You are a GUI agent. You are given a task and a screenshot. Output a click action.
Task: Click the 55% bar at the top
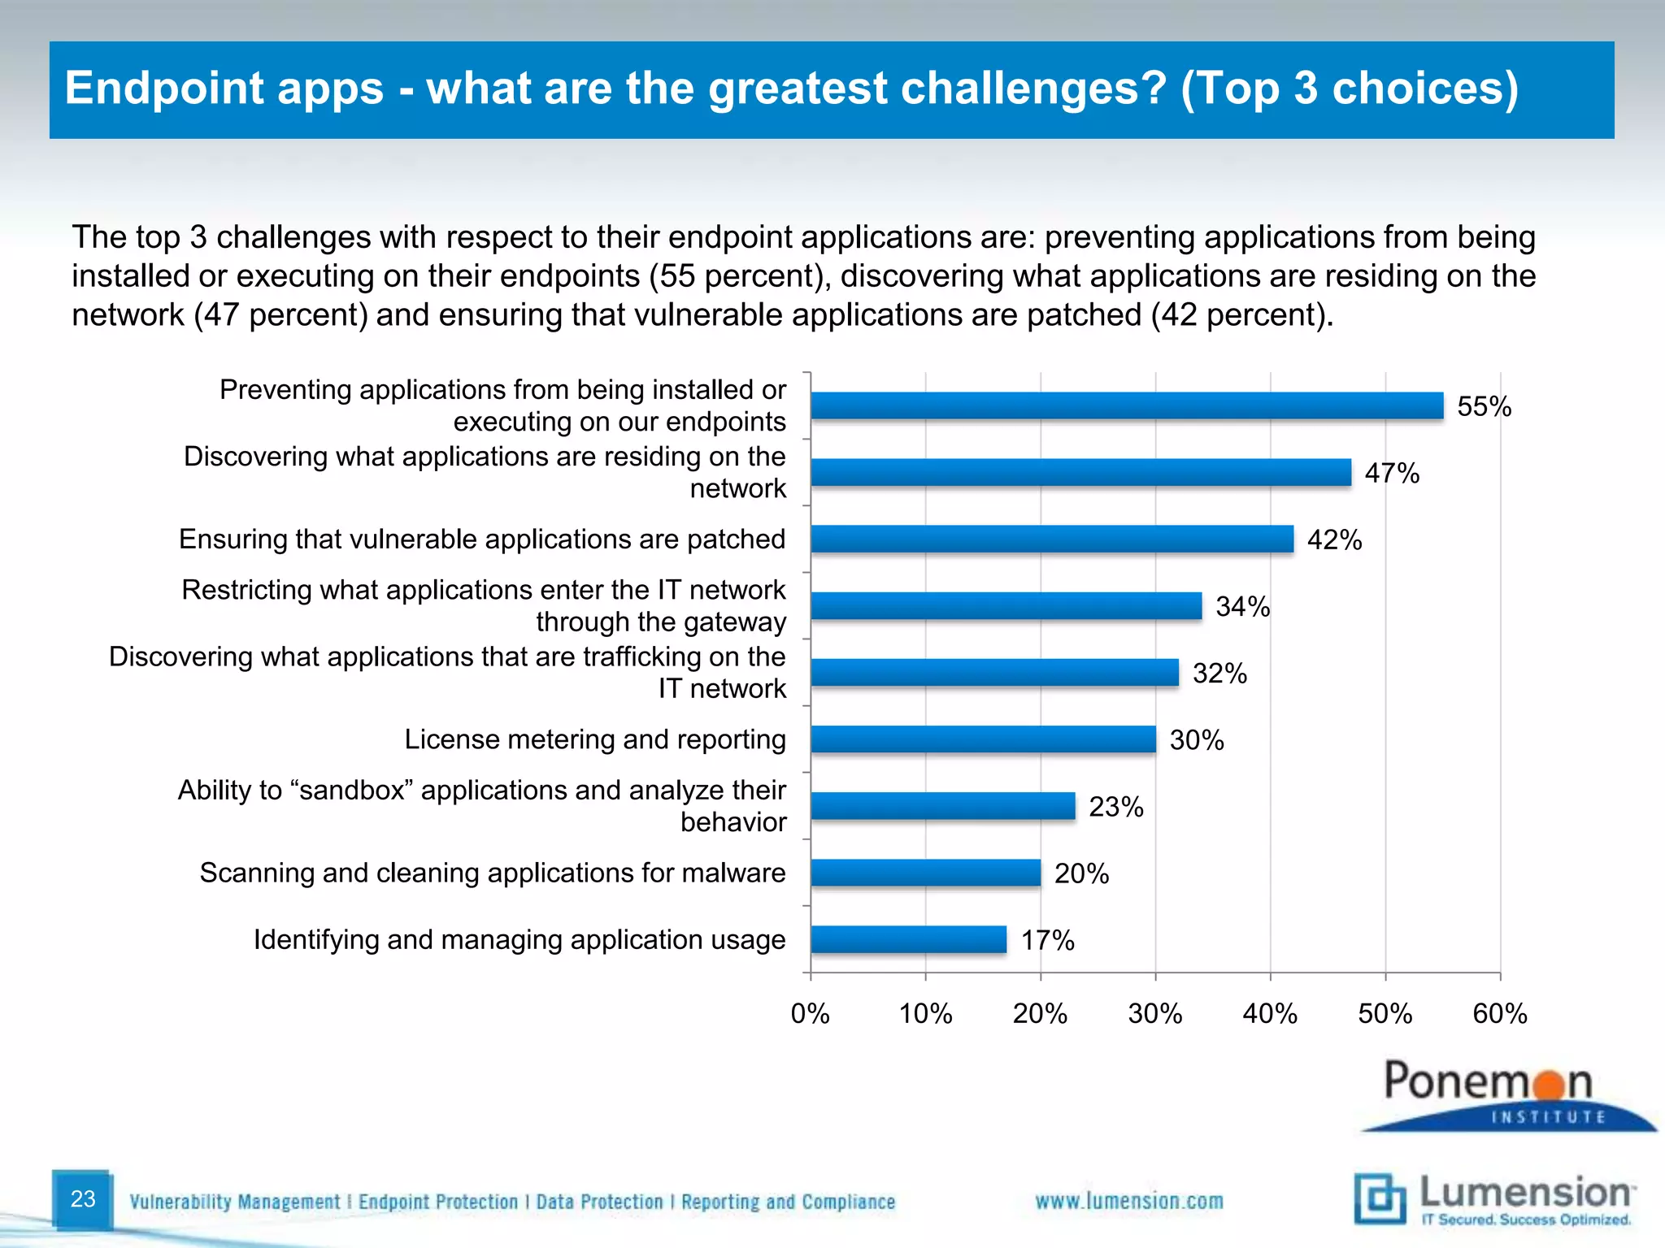pos(1126,405)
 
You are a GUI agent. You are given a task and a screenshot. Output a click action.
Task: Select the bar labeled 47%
pos(1080,472)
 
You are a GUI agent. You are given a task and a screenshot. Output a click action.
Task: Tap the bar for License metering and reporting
pos(983,739)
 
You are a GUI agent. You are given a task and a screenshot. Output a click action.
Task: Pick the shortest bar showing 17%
pos(908,939)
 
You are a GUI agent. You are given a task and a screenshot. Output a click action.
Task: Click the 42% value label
pos(1334,540)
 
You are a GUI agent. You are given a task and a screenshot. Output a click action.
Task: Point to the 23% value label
pos(1115,807)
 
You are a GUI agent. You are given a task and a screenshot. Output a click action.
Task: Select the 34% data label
pos(1242,607)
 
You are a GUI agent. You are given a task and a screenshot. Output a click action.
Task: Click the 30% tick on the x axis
pos(1154,1014)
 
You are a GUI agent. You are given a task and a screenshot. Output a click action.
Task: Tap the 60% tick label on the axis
pos(1500,1014)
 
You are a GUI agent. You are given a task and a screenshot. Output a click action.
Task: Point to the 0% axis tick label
pos(810,1014)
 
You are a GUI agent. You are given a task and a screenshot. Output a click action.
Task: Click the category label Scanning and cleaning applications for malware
pos(493,873)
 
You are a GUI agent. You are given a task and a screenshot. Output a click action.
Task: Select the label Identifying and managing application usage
pos(519,939)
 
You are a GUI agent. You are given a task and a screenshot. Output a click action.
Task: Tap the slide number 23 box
pos(83,1199)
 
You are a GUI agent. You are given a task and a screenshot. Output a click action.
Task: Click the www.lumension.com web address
pos(1128,1201)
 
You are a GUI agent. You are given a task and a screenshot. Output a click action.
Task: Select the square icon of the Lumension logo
pos(1380,1198)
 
